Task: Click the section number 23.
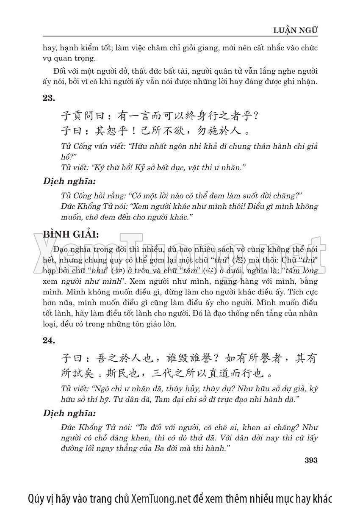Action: point(49,98)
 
